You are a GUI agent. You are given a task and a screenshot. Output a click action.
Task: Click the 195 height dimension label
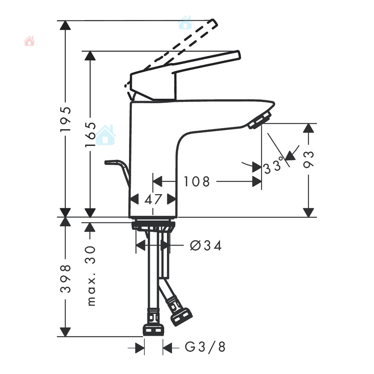[x=65, y=119]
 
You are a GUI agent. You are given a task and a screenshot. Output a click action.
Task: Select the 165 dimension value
[x=91, y=135]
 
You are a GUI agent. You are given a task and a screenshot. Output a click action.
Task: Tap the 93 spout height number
[x=309, y=159]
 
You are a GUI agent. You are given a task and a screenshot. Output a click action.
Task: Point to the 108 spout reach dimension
[x=197, y=181]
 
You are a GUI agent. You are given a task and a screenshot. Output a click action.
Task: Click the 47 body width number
[x=153, y=199]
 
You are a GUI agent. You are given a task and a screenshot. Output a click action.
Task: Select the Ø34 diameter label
[x=206, y=245]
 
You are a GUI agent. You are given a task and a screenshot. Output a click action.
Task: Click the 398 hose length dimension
[x=65, y=278]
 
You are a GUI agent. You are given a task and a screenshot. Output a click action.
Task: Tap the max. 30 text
[x=91, y=276]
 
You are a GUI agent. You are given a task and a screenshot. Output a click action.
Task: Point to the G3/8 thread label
[x=205, y=347]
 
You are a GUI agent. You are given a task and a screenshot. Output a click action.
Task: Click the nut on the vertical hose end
[x=153, y=329]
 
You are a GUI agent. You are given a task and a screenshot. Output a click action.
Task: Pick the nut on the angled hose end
[x=181, y=317]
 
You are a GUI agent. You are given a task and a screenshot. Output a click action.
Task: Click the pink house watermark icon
[x=29, y=41]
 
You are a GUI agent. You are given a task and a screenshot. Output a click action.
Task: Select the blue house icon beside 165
[x=105, y=135]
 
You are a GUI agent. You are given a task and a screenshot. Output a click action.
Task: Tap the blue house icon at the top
[x=185, y=23]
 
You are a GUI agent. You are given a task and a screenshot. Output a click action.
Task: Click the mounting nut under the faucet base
[x=153, y=226]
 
